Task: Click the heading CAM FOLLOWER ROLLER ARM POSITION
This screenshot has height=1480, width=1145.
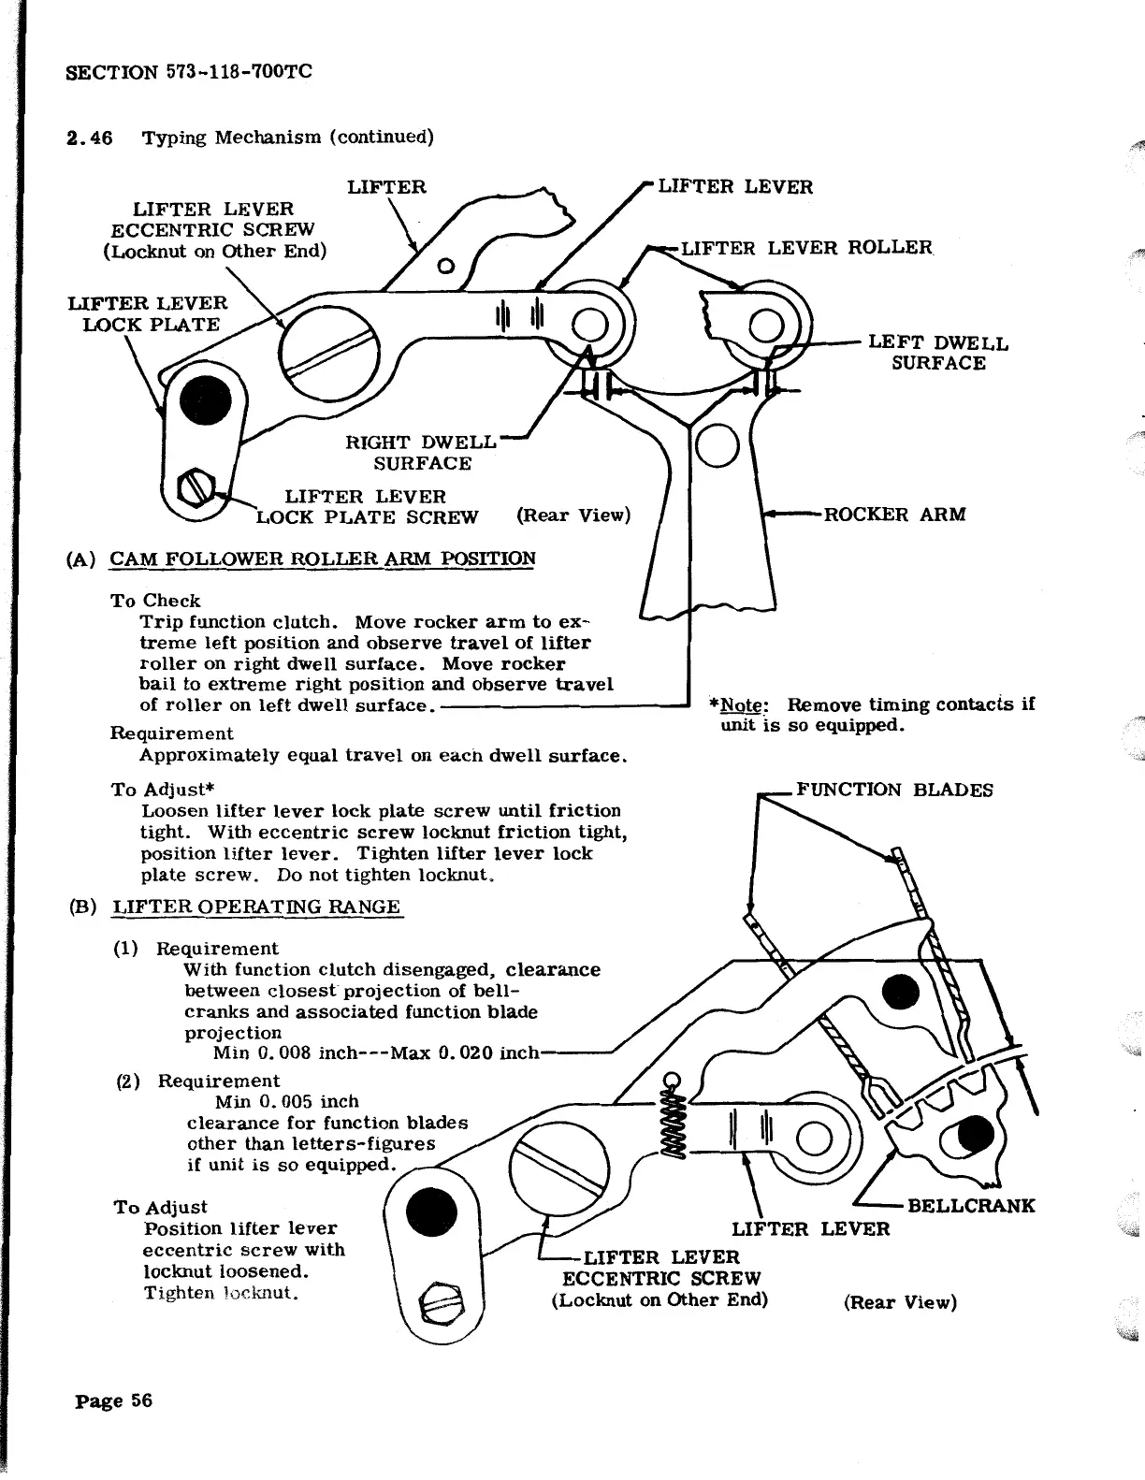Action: (323, 559)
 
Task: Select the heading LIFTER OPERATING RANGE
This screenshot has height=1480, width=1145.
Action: (256, 907)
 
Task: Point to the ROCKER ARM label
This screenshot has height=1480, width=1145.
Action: (893, 515)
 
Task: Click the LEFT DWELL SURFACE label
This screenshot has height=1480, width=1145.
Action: (938, 353)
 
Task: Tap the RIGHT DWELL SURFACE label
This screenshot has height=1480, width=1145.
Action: (422, 453)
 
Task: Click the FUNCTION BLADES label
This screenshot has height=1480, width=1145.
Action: (893, 790)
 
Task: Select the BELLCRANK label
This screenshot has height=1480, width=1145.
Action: (971, 1205)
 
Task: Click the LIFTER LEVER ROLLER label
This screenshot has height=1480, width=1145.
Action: (806, 248)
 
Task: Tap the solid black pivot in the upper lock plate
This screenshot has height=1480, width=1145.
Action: (205, 401)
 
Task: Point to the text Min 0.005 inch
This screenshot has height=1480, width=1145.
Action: (286, 1101)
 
